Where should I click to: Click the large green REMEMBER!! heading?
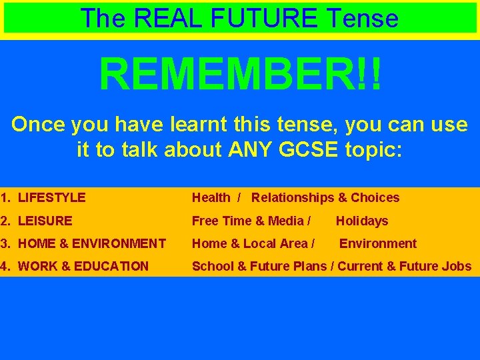point(241,75)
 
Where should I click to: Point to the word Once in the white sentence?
point(38,125)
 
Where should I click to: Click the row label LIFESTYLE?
point(52,197)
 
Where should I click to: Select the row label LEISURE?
point(45,221)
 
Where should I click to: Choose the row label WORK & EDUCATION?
point(83,266)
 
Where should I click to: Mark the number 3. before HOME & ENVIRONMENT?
point(6,243)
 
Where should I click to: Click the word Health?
point(211,197)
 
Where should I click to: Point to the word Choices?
point(375,197)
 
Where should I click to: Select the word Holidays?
point(361,221)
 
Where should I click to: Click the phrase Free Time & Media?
point(247,221)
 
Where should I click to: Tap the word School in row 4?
point(210,266)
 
